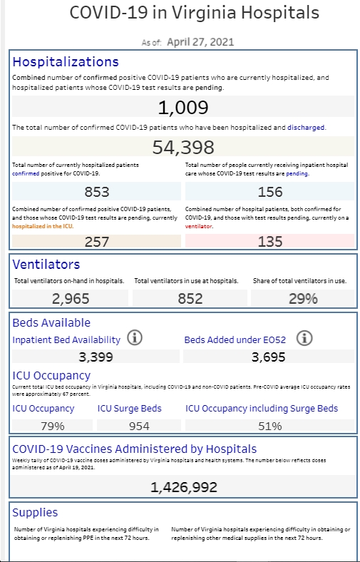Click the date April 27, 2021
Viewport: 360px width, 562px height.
pyautogui.click(x=200, y=42)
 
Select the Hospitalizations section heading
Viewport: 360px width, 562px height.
pyautogui.click(x=66, y=61)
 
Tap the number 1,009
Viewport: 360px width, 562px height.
pyautogui.click(x=183, y=107)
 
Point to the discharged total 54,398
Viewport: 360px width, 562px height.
pyautogui.click(x=183, y=148)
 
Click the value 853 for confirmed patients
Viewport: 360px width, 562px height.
pyautogui.click(x=97, y=192)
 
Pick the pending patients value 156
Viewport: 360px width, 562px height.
pyautogui.click(x=270, y=192)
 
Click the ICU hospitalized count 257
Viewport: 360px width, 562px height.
pyautogui.click(x=97, y=242)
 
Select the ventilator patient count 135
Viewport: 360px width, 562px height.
pyautogui.click(x=270, y=242)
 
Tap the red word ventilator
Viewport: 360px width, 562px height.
pyautogui.click(x=198, y=227)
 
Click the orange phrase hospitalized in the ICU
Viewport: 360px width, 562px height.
pyautogui.click(x=43, y=227)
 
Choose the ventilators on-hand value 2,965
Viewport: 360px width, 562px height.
pyautogui.click(x=71, y=299)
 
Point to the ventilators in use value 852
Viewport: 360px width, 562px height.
pyautogui.click(x=190, y=299)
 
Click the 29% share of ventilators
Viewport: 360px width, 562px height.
pyautogui.click(x=303, y=299)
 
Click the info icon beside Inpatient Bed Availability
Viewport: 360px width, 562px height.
pyautogui.click(x=135, y=337)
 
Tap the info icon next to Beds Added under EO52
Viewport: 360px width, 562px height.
pyautogui.click(x=304, y=337)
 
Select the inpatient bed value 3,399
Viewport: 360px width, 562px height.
pyautogui.click(x=96, y=357)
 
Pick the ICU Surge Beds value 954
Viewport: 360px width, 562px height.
pyautogui.click(x=139, y=426)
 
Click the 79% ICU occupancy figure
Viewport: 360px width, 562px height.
pyautogui.click(x=52, y=426)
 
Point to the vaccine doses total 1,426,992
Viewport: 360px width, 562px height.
pyautogui.click(x=183, y=487)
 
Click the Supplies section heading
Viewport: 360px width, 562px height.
pyautogui.click(x=35, y=513)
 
